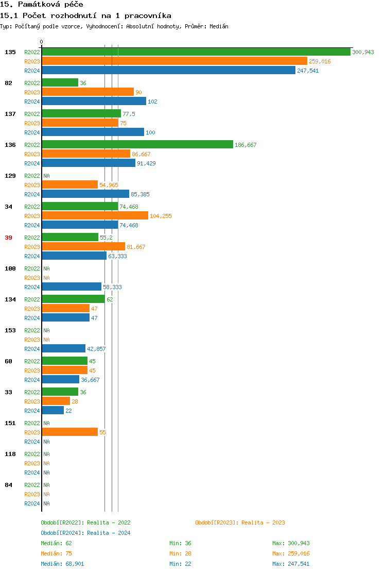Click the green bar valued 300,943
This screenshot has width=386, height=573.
[x=196, y=52]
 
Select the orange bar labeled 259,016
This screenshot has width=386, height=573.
[x=174, y=61]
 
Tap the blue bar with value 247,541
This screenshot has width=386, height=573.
[x=169, y=71]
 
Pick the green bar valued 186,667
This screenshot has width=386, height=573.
[x=137, y=145]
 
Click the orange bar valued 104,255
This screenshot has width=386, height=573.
[x=95, y=216]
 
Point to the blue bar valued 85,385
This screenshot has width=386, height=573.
[x=85, y=194]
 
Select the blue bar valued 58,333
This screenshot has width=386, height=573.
[x=72, y=287]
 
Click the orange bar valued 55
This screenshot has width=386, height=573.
[x=70, y=432]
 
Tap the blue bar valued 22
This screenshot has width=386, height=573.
[x=53, y=411]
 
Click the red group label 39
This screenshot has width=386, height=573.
[x=9, y=238]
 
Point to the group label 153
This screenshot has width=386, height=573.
[x=10, y=330]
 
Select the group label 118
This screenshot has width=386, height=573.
[x=10, y=454]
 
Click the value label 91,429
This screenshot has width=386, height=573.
[x=146, y=163]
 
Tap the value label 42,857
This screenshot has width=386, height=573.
[x=96, y=349]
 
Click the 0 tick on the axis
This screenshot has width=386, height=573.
[x=42, y=42]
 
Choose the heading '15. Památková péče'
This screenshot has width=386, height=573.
[x=42, y=4]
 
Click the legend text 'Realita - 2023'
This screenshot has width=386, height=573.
[x=263, y=523]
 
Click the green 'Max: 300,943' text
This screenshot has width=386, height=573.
[x=291, y=543]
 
